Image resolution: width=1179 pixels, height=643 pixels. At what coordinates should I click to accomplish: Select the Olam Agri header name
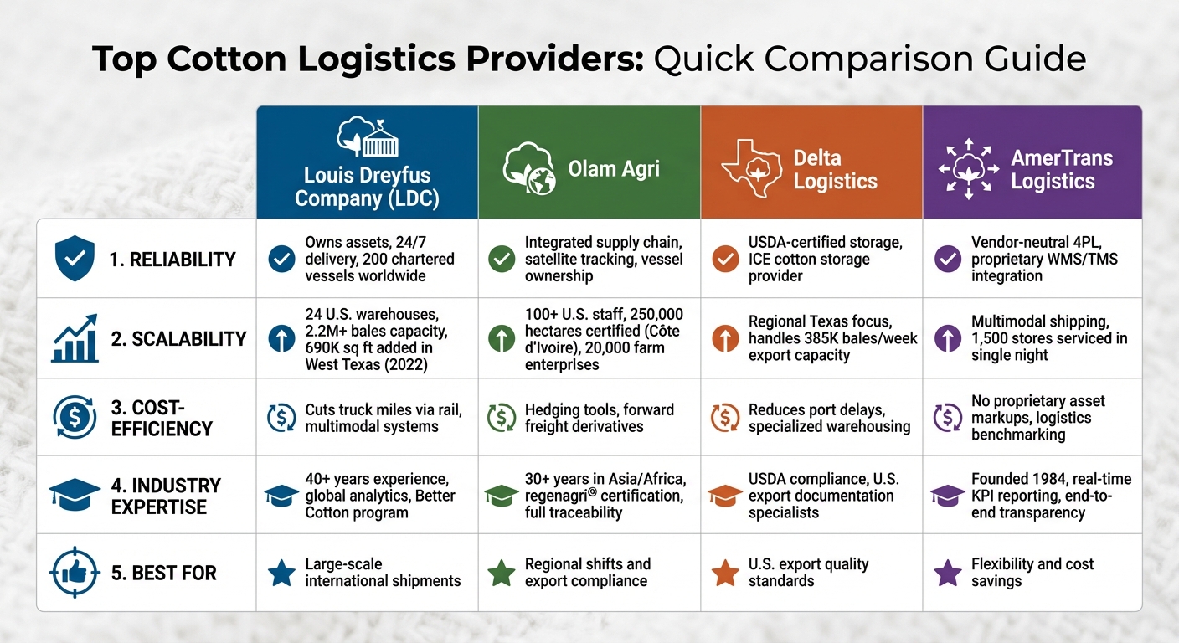point(614,169)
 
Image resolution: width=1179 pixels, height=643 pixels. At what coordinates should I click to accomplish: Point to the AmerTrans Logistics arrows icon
point(969,169)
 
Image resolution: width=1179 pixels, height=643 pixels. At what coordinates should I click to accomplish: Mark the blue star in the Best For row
point(281,574)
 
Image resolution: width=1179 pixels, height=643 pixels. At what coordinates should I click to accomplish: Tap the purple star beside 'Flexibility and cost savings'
point(948,574)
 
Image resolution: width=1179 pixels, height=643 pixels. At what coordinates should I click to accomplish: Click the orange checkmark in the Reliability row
point(724,259)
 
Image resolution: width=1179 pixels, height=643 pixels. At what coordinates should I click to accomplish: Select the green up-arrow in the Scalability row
point(502,338)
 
